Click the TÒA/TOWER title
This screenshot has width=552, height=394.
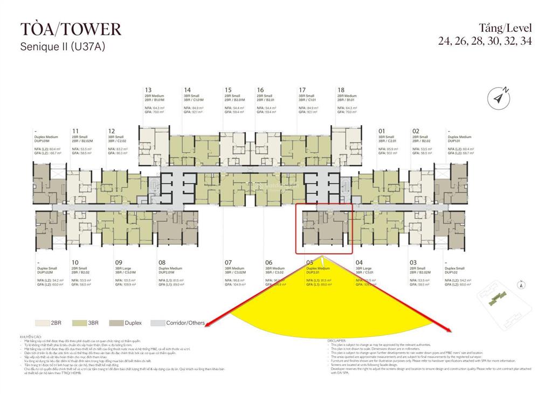[x=70, y=29]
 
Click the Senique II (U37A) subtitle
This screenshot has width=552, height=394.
[x=62, y=47]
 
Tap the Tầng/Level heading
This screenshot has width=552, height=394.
[x=505, y=28]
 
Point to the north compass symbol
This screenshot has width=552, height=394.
[x=499, y=98]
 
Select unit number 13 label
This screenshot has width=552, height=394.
[x=148, y=90]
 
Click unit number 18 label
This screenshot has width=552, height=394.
[x=341, y=90]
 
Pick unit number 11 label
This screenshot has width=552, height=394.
[x=75, y=131]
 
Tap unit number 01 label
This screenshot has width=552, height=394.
[x=382, y=131]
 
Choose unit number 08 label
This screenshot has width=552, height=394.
[x=162, y=263]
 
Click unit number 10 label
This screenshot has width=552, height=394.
[x=75, y=263]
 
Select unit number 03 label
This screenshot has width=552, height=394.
[x=413, y=263]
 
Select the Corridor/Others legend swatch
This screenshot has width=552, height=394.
[x=157, y=323]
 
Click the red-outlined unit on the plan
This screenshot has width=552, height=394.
[x=324, y=228]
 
